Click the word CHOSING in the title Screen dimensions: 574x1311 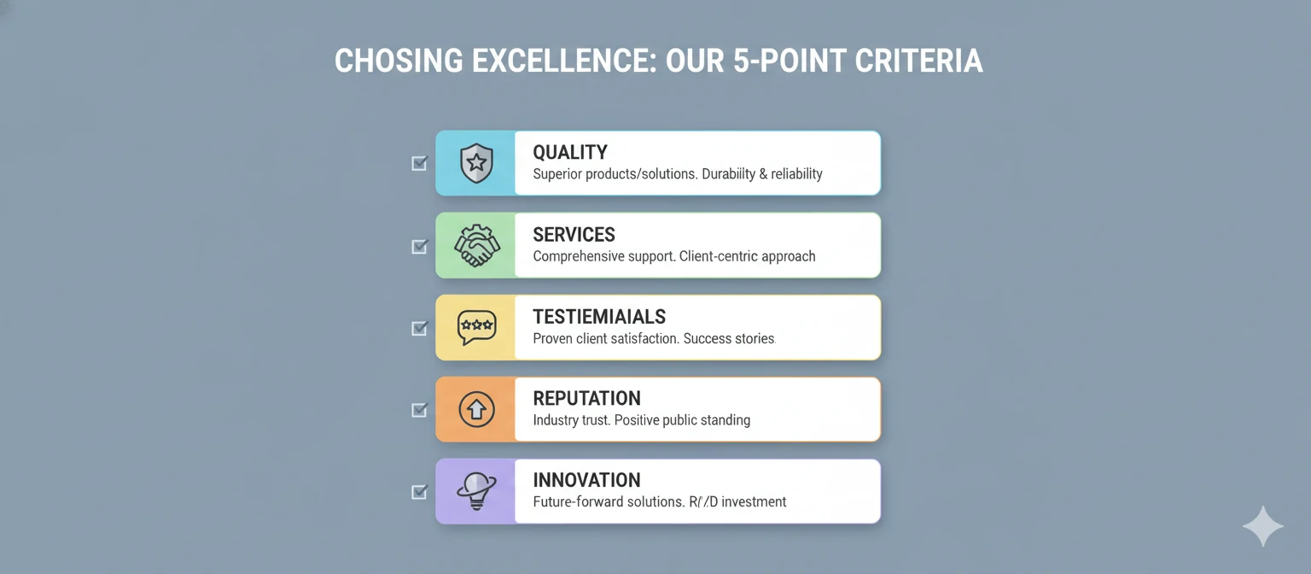click(x=392, y=61)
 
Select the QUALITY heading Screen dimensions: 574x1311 click(x=570, y=153)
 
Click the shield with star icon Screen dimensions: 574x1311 click(x=476, y=163)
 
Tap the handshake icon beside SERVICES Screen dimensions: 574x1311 click(x=476, y=245)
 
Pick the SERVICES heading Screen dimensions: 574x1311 click(x=574, y=235)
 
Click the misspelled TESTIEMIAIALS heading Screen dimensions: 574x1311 click(x=599, y=317)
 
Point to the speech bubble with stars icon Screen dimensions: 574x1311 click(x=476, y=327)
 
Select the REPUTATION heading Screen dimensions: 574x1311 click(x=586, y=399)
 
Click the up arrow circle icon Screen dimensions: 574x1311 click(x=476, y=409)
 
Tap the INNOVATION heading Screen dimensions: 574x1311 click(x=586, y=481)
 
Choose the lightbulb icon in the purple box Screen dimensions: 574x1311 click(x=475, y=491)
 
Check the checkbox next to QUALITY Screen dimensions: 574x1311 click(x=419, y=163)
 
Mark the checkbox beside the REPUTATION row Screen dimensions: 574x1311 click(x=419, y=409)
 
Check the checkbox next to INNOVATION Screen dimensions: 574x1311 click(x=419, y=491)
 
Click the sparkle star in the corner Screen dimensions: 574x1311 click(x=1262, y=526)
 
